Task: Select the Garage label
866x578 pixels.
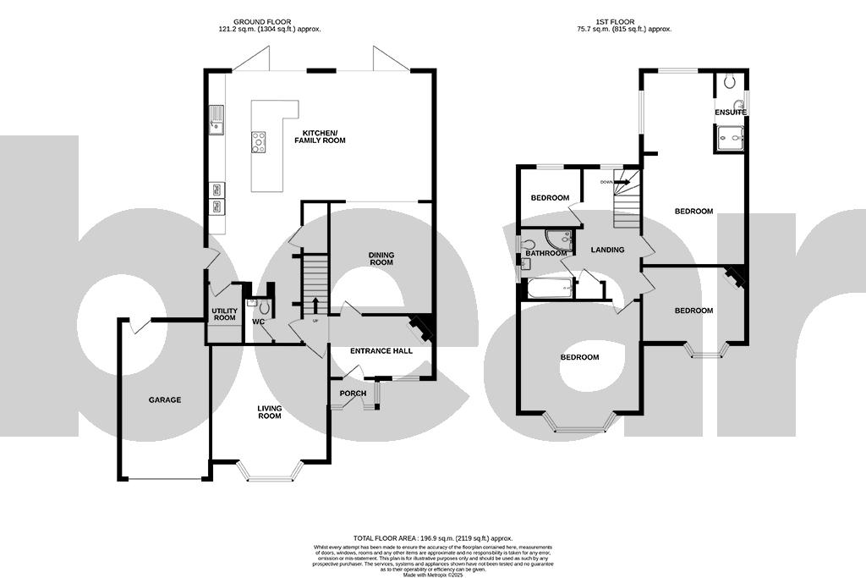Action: [x=165, y=399]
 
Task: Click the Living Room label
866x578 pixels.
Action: [x=269, y=412]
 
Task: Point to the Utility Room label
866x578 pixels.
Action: [x=223, y=314]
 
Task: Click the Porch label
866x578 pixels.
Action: [x=353, y=394]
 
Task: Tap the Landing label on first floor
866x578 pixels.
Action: [x=607, y=250]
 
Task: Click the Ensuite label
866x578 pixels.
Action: [x=730, y=113]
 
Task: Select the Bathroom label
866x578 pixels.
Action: [x=545, y=253]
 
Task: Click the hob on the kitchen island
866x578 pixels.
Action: [x=258, y=142]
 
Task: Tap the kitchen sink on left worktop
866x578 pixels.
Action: [x=216, y=119]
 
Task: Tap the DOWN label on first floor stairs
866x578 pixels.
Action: [x=606, y=182]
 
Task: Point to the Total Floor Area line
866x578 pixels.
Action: [x=433, y=538]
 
